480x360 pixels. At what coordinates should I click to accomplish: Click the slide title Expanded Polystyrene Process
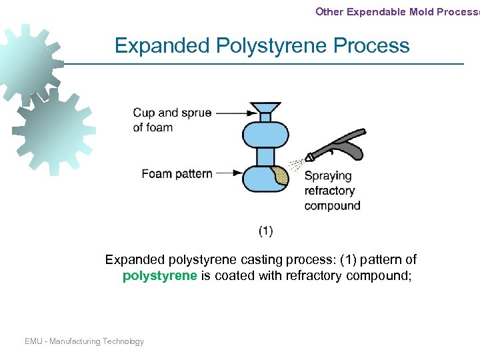tap(262, 45)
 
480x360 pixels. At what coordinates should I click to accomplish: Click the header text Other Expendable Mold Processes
tap(397, 11)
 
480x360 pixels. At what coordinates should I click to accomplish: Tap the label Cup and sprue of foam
tap(172, 120)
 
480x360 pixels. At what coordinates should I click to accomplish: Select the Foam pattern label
tap(177, 174)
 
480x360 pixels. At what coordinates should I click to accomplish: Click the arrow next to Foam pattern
tap(229, 173)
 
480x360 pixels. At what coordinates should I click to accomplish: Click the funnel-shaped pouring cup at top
tap(265, 108)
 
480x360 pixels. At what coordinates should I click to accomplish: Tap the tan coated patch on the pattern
tap(281, 176)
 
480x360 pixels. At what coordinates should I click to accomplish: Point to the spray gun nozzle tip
tap(309, 159)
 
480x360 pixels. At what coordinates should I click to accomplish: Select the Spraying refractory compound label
tap(331, 191)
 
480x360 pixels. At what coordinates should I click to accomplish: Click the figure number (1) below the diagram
tap(265, 231)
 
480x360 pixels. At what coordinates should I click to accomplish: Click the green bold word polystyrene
tap(159, 276)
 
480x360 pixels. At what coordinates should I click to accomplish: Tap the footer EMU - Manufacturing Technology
tap(84, 341)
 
